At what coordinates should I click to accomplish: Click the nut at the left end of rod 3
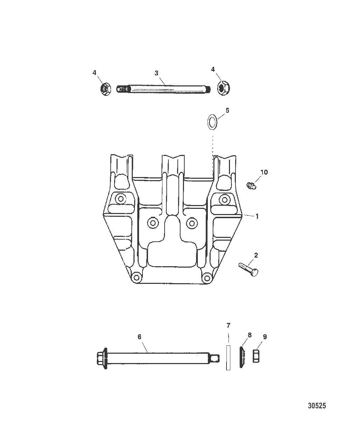pos(105,89)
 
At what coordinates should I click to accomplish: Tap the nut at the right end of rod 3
pos(223,88)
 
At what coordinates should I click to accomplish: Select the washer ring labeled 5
pos(212,122)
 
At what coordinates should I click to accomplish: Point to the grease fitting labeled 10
pos(251,185)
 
